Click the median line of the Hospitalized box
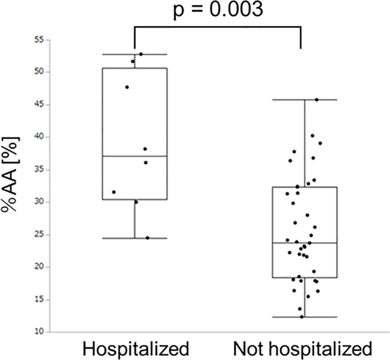pos(135,156)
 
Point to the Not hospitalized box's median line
pos(305,243)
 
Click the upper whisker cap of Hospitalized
pos(135,54)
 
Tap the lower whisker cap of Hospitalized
pos(135,238)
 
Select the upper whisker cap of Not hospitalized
pos(305,100)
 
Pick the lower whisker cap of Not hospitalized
pos(305,317)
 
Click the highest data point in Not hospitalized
pos(316,100)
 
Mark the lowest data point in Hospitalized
pos(147,238)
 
